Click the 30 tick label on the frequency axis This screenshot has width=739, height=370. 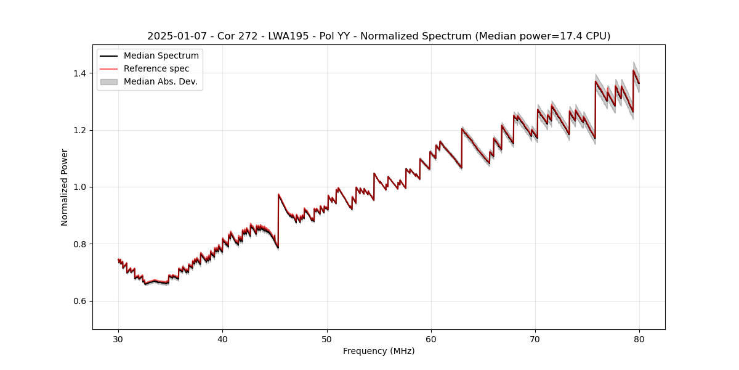click(118, 339)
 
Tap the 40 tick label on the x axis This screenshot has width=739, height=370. click(222, 339)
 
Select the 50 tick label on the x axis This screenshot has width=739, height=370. click(327, 339)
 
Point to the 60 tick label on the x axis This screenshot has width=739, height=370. click(431, 339)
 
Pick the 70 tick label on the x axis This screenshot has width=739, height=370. click(535, 339)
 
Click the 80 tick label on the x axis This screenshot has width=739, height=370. click(639, 339)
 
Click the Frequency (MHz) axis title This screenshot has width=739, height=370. click(379, 351)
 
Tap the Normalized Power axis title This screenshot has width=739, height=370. click(65, 187)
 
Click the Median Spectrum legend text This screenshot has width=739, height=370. click(161, 56)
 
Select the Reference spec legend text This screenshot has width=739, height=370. click(156, 68)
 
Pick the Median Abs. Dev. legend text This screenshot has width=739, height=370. click(160, 81)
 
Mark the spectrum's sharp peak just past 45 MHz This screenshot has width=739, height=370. click(278, 194)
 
